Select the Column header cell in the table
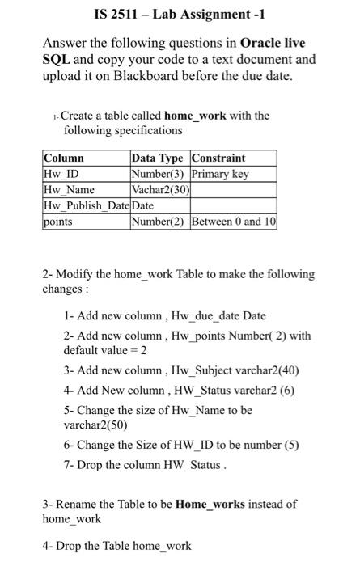coord(64,158)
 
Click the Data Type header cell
coord(159,158)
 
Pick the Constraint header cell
coord(219,158)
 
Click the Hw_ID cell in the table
coord(57,174)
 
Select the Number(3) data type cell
coord(159,174)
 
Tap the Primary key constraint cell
coord(221,174)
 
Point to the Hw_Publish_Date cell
coord(85,206)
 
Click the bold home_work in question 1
coord(196,116)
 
